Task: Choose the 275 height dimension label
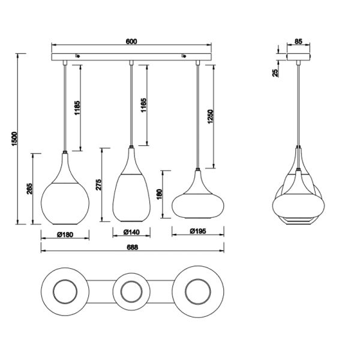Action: [x=99, y=184]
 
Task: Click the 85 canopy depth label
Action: [x=298, y=42]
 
